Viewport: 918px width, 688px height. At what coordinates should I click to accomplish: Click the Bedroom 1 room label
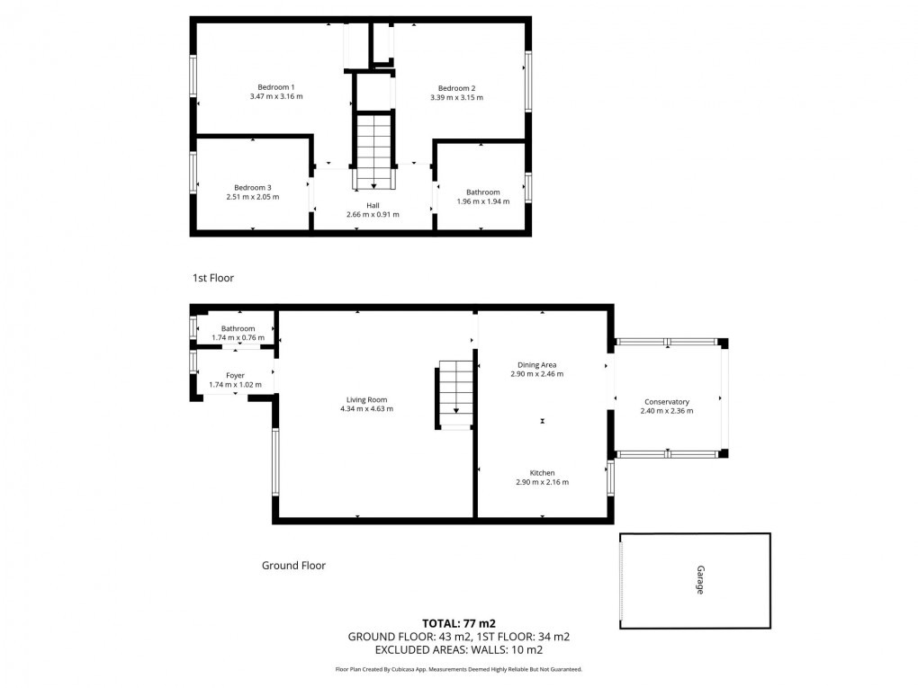coord(276,87)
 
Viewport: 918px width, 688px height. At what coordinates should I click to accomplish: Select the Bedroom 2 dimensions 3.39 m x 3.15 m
coord(456,98)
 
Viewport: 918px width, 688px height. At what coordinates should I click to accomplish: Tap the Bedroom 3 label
coord(252,187)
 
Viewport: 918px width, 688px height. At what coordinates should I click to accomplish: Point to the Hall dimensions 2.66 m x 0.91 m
coord(373,215)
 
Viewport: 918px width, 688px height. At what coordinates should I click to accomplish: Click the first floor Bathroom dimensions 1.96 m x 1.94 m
coord(482,201)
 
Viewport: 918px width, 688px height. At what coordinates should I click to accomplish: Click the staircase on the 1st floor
coord(373,149)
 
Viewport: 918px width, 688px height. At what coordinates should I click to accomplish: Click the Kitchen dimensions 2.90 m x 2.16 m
coord(542,482)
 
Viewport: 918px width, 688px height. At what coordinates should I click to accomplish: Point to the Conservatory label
coord(666,401)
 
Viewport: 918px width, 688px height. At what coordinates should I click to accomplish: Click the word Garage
coord(698,580)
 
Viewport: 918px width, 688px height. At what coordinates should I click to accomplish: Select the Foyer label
coord(235,375)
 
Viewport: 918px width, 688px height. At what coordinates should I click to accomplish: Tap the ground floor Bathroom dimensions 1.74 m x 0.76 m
coord(238,338)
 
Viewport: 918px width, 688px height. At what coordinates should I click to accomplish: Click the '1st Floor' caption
coord(213,278)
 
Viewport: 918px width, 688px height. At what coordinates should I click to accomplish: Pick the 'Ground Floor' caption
coord(293,566)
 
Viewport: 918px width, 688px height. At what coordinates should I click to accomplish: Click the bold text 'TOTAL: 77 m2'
coord(459,622)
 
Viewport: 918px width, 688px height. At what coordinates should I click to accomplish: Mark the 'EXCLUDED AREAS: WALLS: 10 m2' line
coord(459,649)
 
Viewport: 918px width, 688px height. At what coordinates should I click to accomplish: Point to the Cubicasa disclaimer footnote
coord(459,669)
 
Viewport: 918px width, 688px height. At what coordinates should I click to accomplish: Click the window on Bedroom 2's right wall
coord(528,82)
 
